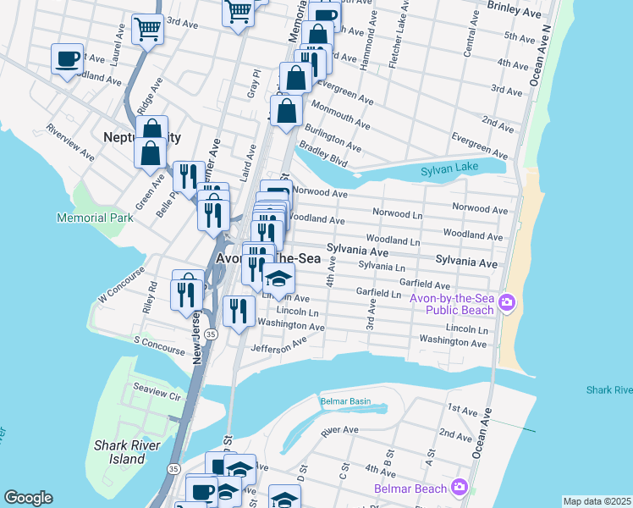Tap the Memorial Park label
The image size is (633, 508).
[x=95, y=218]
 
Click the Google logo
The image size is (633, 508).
[x=28, y=498]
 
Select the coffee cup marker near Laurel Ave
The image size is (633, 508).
[x=67, y=58]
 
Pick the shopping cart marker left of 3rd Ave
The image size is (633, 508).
[x=148, y=29]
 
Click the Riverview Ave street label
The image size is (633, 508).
[x=71, y=141]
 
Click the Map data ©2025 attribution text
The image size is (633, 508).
[x=596, y=501]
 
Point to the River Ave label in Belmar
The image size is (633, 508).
[x=341, y=430]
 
